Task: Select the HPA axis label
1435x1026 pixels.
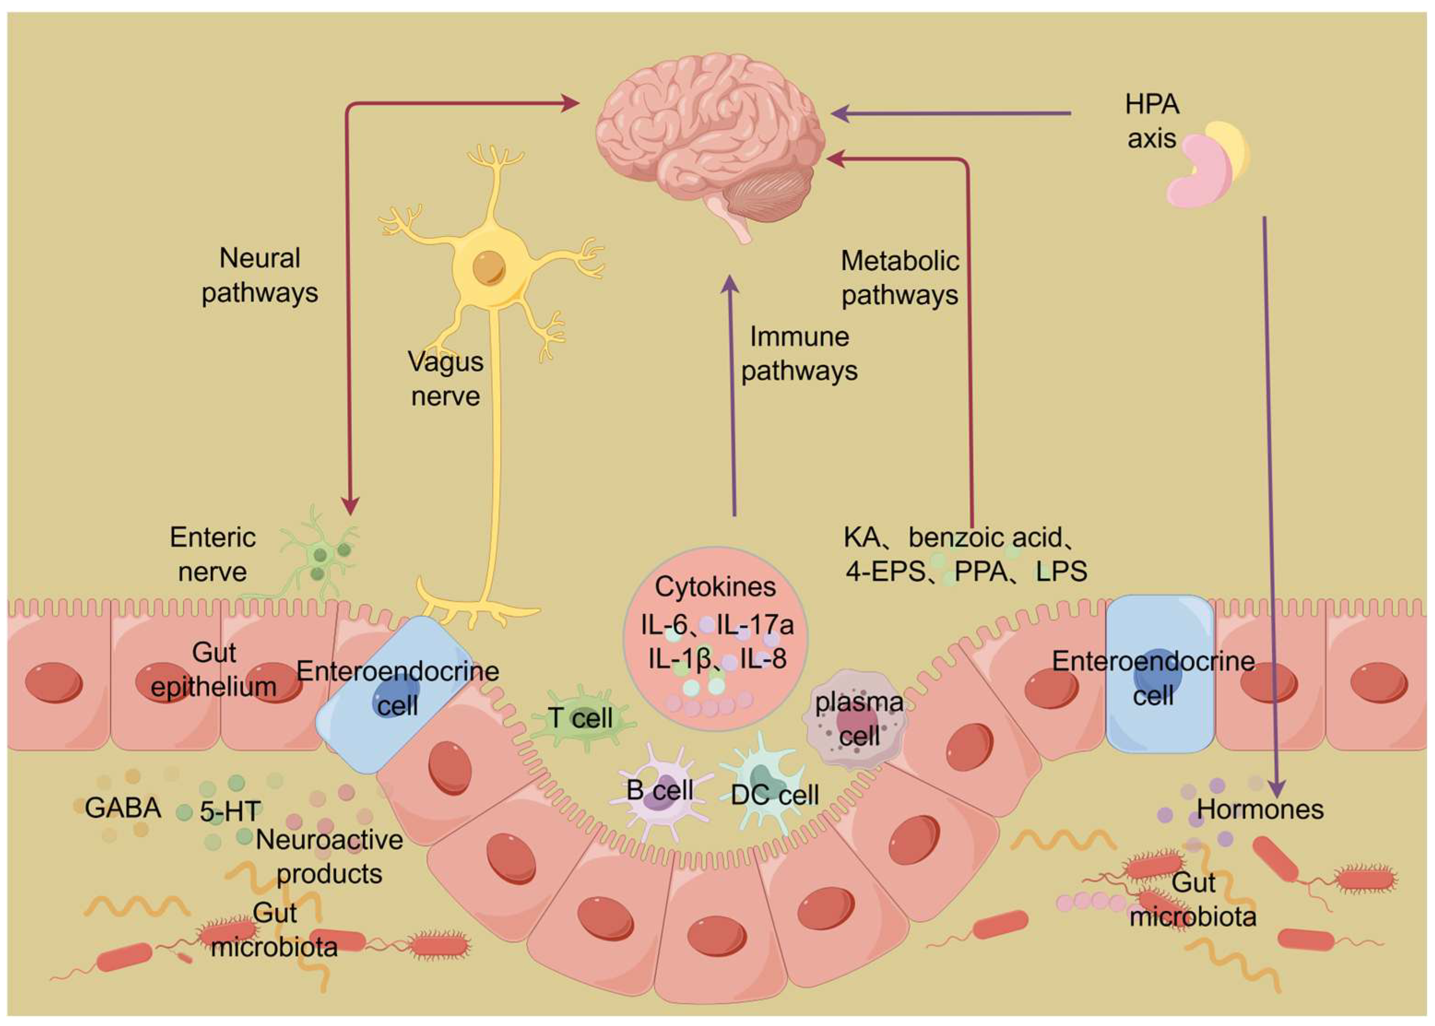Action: click(x=1152, y=121)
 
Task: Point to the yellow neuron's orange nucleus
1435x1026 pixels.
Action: click(x=489, y=267)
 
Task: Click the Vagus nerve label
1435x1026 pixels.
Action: click(x=445, y=379)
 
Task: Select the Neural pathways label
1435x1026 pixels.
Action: click(x=260, y=276)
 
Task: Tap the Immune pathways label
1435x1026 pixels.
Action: click(x=799, y=354)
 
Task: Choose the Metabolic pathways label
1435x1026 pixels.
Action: click(x=900, y=278)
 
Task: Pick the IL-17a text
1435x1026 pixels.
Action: click(x=755, y=625)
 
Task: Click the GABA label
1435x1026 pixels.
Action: click(x=123, y=808)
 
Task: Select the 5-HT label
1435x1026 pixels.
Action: click(x=230, y=812)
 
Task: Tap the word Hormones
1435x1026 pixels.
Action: click(x=1260, y=809)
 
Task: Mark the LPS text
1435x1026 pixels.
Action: click(x=1062, y=572)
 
